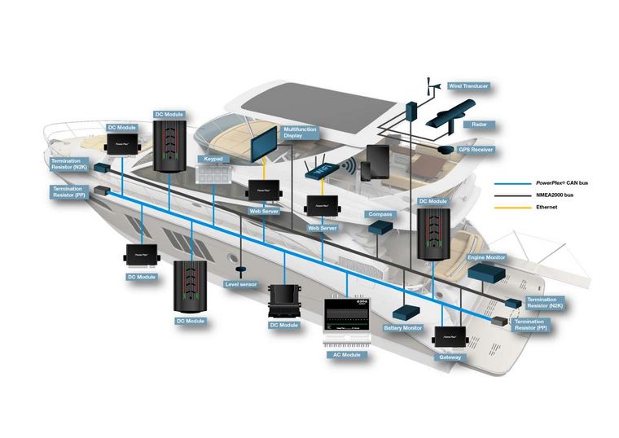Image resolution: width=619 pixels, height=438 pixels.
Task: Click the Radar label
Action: click(x=480, y=125)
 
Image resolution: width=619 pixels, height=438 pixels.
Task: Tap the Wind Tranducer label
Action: click(x=468, y=85)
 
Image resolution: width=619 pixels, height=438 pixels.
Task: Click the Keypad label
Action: click(x=213, y=160)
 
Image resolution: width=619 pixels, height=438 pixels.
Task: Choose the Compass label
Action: click(x=380, y=214)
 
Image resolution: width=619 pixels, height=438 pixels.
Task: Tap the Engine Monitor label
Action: click(x=486, y=257)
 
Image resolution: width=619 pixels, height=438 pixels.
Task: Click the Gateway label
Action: click(x=450, y=357)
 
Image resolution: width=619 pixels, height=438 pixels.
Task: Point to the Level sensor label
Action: click(x=240, y=284)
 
